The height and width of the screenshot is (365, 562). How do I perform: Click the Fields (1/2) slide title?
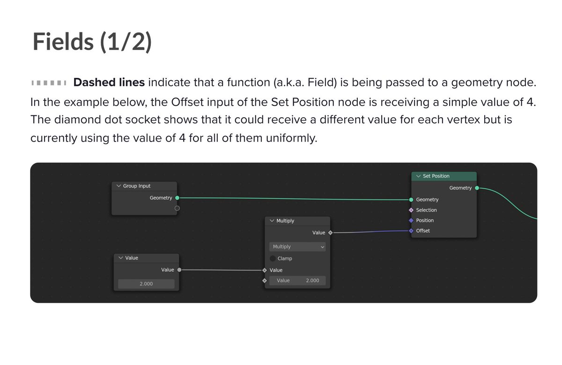[x=92, y=42]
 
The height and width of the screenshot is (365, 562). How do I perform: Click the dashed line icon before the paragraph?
[x=49, y=84]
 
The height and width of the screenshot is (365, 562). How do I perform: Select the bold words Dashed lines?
[x=109, y=83]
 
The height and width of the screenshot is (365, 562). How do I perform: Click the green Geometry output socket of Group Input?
[x=177, y=198]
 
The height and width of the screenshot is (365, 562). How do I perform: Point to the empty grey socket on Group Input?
[x=177, y=208]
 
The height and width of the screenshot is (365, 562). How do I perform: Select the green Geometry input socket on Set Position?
[x=411, y=199]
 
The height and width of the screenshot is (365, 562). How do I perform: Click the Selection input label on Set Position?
[x=426, y=210]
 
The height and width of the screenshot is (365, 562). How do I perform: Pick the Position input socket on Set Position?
[x=411, y=221]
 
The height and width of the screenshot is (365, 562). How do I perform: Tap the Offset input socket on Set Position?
[x=411, y=231]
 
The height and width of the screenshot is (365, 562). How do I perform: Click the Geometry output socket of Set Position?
[x=477, y=188]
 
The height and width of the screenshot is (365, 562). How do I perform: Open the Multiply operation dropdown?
[x=297, y=247]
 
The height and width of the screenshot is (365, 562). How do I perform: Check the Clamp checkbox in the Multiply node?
[x=273, y=259]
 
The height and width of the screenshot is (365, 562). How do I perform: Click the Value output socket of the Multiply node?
[x=330, y=233]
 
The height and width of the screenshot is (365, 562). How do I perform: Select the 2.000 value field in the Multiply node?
[x=297, y=281]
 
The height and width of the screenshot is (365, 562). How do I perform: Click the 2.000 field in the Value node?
[x=146, y=284]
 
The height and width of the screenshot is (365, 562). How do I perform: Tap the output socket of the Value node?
[x=179, y=270]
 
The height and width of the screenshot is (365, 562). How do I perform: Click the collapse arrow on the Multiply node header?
[x=272, y=221]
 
